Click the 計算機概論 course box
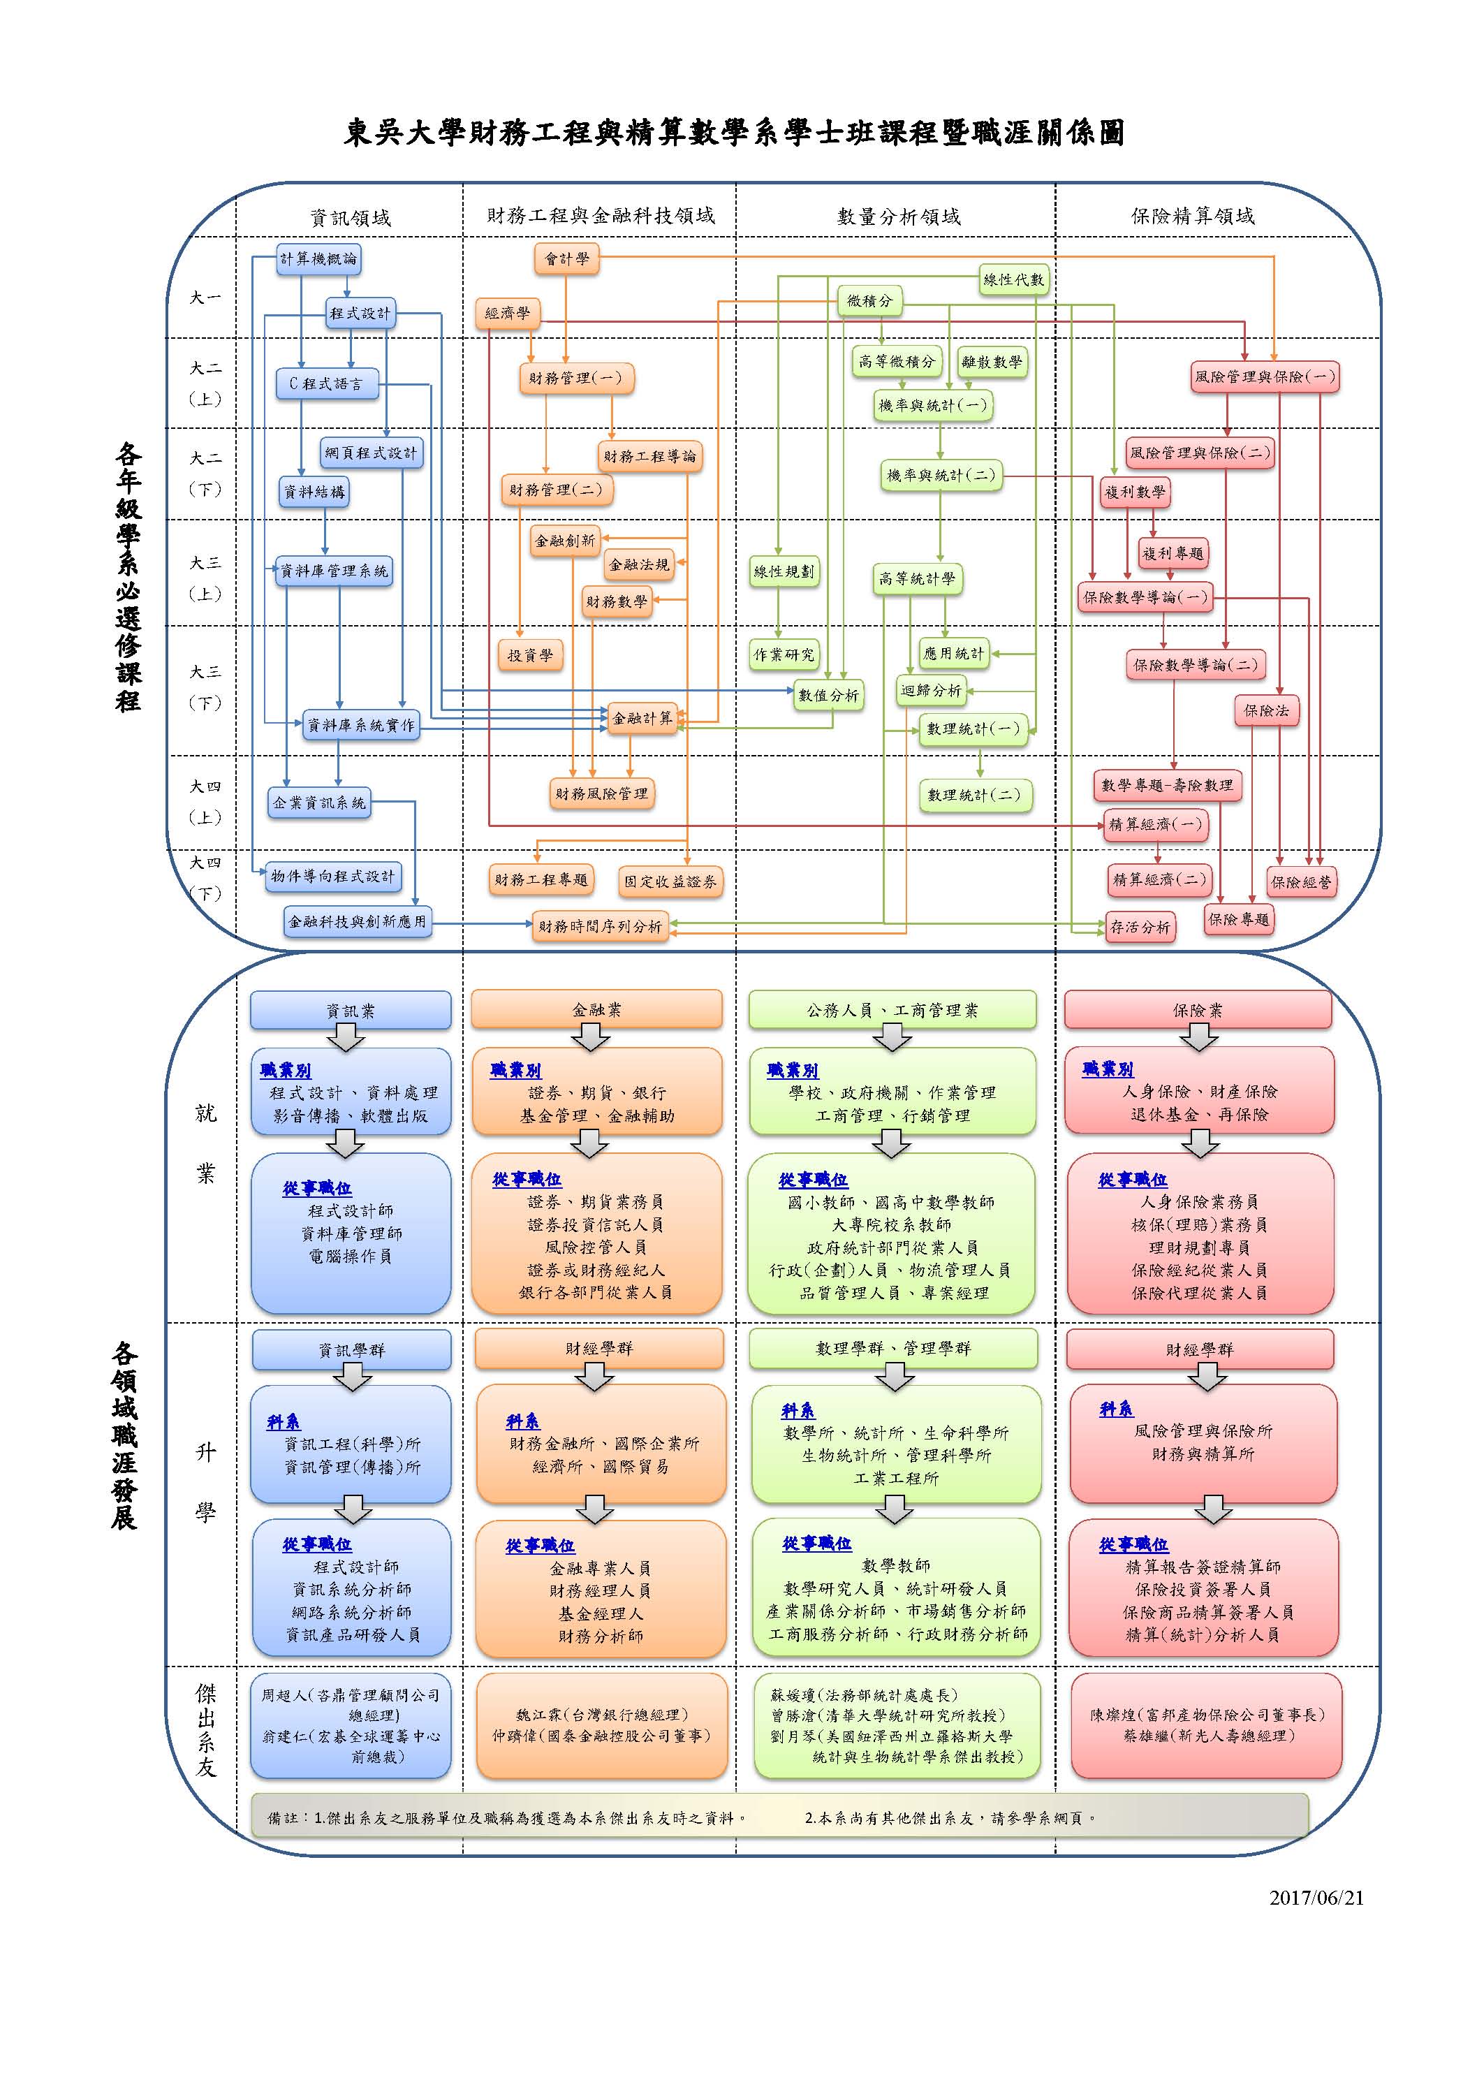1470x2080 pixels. click(318, 259)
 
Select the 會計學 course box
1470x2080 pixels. click(566, 259)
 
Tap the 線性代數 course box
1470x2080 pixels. click(1013, 280)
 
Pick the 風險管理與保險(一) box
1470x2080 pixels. click(1265, 377)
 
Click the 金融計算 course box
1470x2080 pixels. click(642, 719)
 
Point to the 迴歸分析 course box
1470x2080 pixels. click(931, 690)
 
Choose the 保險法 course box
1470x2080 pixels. click(1266, 711)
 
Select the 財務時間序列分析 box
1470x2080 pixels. click(600, 926)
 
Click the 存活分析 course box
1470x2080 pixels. click(1140, 927)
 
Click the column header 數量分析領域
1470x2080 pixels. click(899, 217)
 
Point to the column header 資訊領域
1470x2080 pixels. click(351, 217)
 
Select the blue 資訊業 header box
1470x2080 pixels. click(351, 1010)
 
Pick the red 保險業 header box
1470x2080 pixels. click(1198, 1010)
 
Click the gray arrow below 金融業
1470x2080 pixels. click(591, 1038)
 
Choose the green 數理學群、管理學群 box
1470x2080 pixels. click(893, 1349)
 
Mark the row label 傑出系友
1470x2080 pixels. click(205, 1729)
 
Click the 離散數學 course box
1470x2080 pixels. click(992, 362)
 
